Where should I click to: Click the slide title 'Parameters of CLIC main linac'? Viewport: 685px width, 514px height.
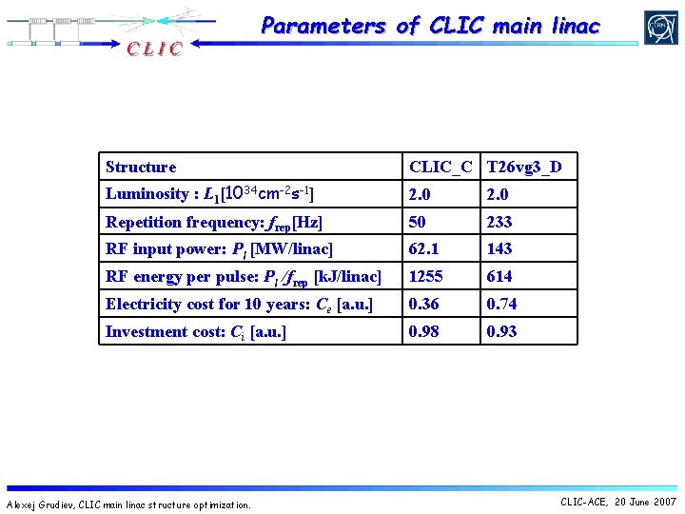point(430,26)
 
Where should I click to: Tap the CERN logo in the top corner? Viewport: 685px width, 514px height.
point(660,28)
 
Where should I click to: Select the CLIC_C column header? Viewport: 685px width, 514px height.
point(440,167)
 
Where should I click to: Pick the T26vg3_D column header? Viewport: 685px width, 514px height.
point(523,167)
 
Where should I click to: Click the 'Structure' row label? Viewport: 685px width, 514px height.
point(141,167)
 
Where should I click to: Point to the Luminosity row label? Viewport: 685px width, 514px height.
point(209,194)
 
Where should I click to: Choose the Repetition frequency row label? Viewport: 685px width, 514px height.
point(214,222)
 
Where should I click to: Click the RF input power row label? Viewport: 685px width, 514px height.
point(219,248)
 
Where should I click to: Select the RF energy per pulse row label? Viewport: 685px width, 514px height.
point(243,276)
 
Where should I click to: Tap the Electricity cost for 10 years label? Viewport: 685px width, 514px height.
point(239,304)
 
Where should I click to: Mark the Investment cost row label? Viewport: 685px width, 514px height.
point(195,331)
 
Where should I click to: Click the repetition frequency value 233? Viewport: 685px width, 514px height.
point(499,222)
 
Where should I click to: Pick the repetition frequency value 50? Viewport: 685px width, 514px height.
point(418,222)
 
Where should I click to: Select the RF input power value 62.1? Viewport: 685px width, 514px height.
point(421,248)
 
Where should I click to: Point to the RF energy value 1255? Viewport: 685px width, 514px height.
point(425,276)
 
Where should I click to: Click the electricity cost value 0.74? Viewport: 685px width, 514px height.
point(501,304)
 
